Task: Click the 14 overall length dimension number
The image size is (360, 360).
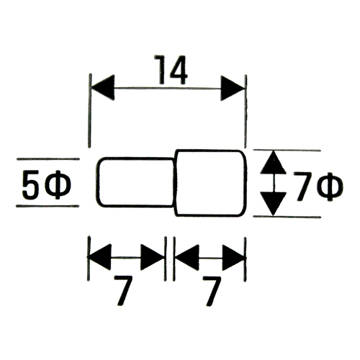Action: click(171, 70)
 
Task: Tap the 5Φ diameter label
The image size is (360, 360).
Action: click(47, 184)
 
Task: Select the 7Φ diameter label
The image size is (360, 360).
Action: click(318, 186)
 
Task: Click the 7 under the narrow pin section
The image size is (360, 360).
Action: click(123, 290)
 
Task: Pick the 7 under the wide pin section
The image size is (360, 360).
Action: click(211, 291)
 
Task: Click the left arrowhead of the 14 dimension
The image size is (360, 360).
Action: click(103, 88)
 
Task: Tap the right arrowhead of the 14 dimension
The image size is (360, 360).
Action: click(233, 89)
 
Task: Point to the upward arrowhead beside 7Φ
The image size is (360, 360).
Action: click(273, 163)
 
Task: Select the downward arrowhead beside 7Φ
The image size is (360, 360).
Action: click(273, 204)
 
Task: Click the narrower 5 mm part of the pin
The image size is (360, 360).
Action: click(135, 182)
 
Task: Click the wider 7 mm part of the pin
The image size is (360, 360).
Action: click(211, 183)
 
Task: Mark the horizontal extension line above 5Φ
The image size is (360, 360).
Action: click(48, 158)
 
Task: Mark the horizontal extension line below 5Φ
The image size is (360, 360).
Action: click(48, 206)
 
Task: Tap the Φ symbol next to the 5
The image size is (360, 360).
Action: click(58, 185)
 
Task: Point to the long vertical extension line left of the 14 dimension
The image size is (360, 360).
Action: click(90, 111)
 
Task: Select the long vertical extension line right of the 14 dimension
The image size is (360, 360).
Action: click(246, 112)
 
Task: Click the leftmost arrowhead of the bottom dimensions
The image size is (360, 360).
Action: click(100, 257)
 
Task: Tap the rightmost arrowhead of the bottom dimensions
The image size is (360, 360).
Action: click(234, 258)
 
